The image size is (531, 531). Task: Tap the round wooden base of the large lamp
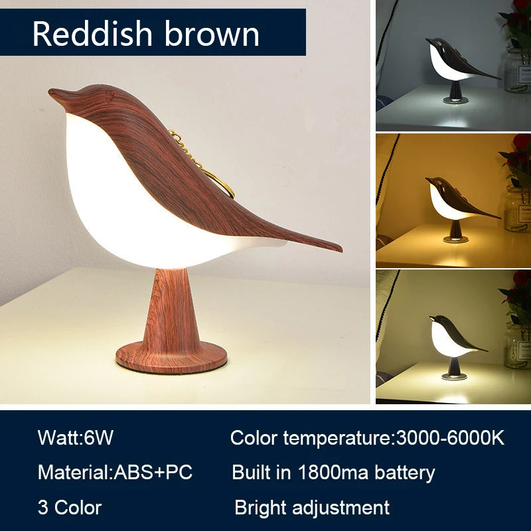click(x=171, y=356)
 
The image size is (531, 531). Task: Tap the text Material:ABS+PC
click(x=115, y=473)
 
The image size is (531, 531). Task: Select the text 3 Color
click(x=69, y=508)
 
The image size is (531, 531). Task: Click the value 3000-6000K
click(x=449, y=438)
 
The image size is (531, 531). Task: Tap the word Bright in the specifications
click(x=260, y=508)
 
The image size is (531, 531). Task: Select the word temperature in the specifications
click(x=339, y=438)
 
